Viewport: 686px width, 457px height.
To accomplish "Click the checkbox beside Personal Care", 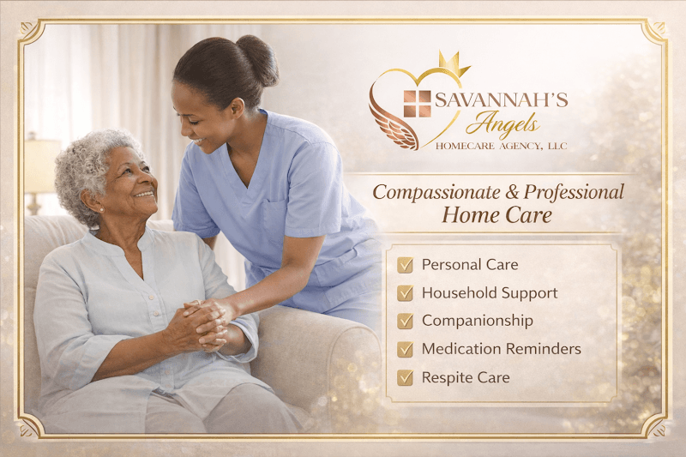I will [x=406, y=265].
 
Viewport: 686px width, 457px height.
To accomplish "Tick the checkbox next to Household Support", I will [x=406, y=293].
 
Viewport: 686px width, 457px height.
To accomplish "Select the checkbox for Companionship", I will [x=406, y=321].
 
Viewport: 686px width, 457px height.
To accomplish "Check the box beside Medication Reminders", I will [x=406, y=349].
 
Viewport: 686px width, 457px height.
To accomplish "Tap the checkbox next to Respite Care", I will [x=406, y=377].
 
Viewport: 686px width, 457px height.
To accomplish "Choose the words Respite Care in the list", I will [x=465, y=377].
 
